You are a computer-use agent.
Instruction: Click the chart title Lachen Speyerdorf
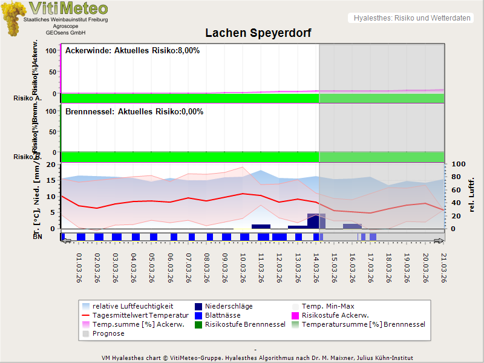click(x=258, y=33)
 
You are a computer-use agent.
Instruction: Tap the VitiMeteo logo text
click(x=68, y=8)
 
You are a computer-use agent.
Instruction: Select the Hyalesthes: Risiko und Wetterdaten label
click(x=411, y=18)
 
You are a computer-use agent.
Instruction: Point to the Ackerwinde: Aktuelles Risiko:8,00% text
click(x=132, y=51)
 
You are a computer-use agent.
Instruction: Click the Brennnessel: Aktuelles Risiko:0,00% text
click(x=134, y=112)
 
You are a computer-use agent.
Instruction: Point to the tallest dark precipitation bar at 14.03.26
click(x=313, y=221)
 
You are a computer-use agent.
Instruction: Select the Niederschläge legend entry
click(x=229, y=307)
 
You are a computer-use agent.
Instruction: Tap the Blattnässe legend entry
click(x=223, y=316)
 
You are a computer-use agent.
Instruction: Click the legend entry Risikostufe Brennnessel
click(x=245, y=324)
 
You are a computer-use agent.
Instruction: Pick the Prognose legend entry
click(x=108, y=333)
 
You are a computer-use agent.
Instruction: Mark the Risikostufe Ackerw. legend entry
click(x=335, y=316)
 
